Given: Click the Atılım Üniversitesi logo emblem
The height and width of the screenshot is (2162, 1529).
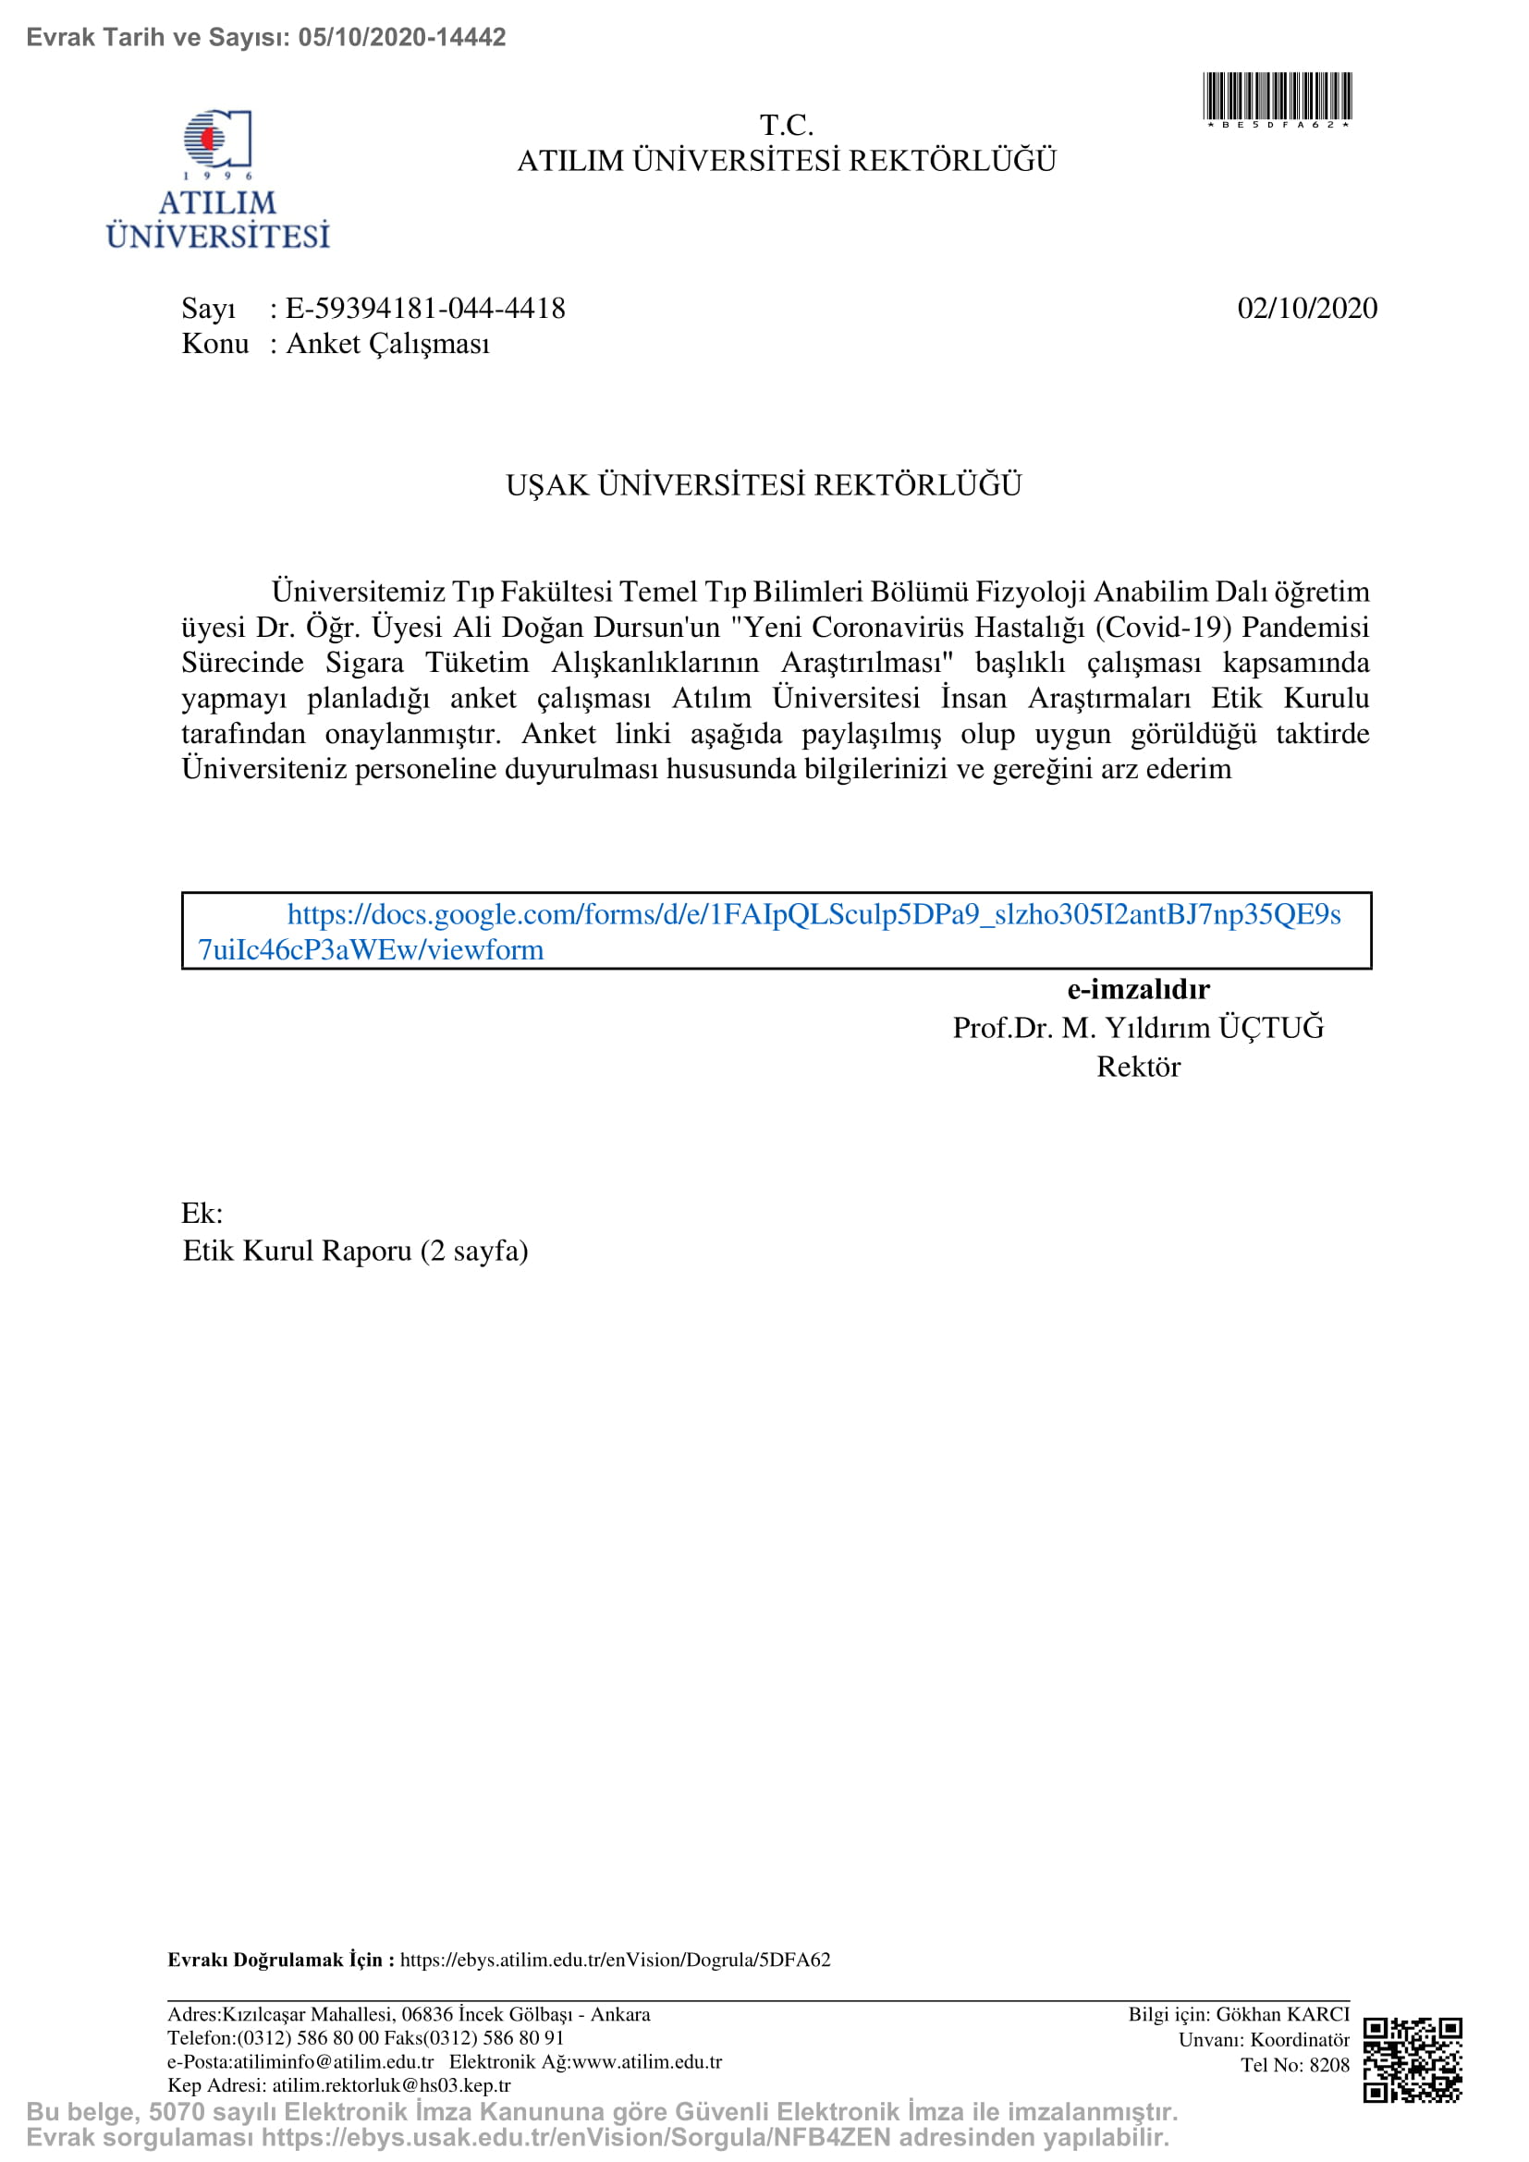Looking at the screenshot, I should click(x=217, y=140).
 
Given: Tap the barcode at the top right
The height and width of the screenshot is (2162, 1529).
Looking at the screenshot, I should click(x=1278, y=97).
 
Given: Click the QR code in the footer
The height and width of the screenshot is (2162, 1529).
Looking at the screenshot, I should click(x=1413, y=2059).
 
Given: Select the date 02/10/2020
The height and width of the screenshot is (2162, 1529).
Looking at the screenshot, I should click(x=1307, y=308).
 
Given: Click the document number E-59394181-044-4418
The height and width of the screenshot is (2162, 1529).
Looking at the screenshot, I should click(x=424, y=308).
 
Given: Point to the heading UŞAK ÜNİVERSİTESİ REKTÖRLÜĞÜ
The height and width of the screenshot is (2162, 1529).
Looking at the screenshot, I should click(x=764, y=485).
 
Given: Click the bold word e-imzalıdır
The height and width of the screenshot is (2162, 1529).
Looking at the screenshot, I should click(x=1138, y=989).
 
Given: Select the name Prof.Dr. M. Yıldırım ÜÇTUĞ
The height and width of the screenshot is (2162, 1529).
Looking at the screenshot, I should click(x=1138, y=1027).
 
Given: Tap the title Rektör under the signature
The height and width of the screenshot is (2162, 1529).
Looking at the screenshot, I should click(x=1138, y=1066).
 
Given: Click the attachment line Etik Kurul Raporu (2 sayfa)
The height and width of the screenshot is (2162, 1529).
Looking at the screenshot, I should click(x=355, y=1251).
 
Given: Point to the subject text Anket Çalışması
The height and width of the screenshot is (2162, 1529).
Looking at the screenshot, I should click(x=388, y=344).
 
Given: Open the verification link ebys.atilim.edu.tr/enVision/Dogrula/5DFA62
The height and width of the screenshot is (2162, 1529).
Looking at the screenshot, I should click(x=615, y=1960).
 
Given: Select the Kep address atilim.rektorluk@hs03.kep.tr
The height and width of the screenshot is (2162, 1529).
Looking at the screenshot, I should click(x=391, y=2084).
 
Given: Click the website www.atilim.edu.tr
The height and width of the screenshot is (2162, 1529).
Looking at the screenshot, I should click(x=647, y=2061).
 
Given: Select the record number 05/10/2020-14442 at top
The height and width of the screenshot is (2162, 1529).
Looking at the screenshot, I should click(x=402, y=37).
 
